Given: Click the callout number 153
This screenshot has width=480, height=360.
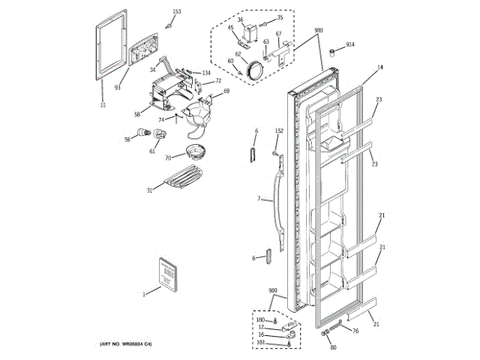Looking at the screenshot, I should click(177, 11).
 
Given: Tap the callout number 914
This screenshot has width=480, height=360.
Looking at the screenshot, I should click(350, 45).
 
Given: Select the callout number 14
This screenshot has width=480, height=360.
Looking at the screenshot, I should click(379, 68).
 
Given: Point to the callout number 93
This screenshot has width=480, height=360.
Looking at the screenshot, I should click(118, 88).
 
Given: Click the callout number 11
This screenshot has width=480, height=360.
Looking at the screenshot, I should click(102, 106).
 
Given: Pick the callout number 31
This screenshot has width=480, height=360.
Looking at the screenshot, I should click(149, 190).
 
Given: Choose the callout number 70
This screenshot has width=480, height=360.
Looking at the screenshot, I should click(169, 157).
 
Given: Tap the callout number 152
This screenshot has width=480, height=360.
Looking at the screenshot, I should click(279, 131).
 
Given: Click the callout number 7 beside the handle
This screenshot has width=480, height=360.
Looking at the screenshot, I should click(259, 199).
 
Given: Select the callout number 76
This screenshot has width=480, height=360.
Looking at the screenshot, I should click(355, 331).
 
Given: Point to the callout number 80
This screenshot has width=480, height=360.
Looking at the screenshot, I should click(333, 347).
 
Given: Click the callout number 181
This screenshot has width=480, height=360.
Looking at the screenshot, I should click(261, 343).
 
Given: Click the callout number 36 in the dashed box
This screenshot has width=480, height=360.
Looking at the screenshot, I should click(240, 19).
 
